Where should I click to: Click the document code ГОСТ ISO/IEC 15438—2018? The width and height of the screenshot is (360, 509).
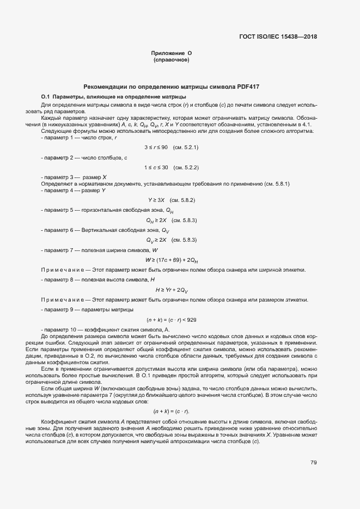click(x=278, y=37)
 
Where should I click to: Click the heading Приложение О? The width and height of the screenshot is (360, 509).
click(x=171, y=53)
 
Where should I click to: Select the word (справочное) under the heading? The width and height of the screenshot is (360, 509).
click(x=171, y=60)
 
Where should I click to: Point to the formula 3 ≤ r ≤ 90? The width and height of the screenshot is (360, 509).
click(x=156, y=148)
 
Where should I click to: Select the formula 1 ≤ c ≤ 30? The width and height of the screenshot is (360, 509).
click(x=156, y=167)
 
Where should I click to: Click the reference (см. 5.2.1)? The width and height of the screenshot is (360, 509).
click(x=185, y=148)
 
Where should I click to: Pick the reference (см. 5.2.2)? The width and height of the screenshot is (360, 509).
click(x=185, y=167)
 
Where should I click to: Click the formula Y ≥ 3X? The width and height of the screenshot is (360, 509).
click(x=156, y=200)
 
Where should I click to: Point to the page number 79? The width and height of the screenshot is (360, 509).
click(x=314, y=463)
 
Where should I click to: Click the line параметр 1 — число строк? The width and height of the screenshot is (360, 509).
click(x=78, y=138)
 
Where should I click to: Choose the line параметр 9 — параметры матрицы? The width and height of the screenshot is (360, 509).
click(x=87, y=310)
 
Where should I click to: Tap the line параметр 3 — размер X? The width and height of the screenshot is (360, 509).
click(x=74, y=177)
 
